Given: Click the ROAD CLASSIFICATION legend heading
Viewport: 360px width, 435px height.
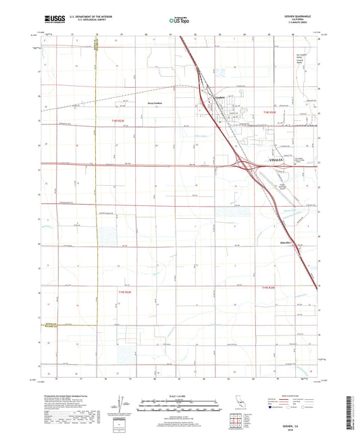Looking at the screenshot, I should click(288, 395).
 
